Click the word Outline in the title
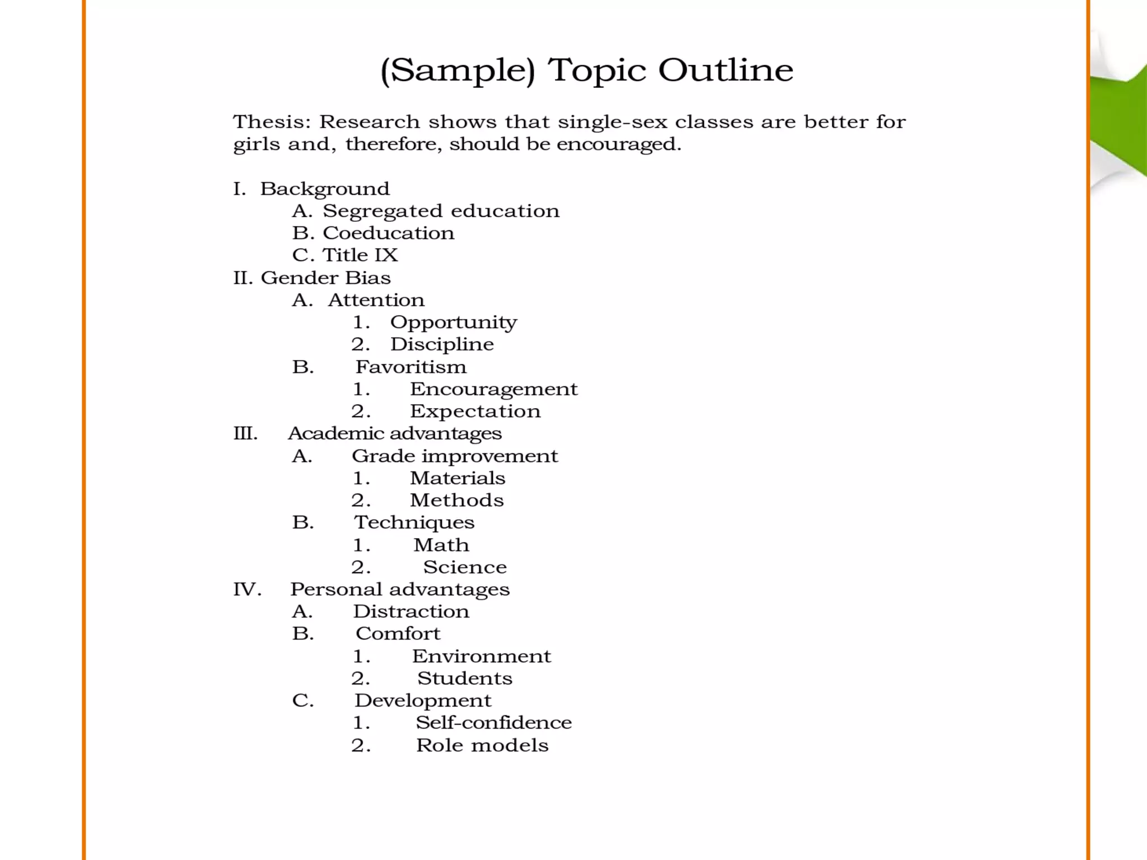tap(725, 70)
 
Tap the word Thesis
tap(272, 122)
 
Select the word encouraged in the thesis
tap(618, 144)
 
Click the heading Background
tap(324, 189)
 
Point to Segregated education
tap(441, 211)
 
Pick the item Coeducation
tap(388, 233)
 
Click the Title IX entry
tap(360, 255)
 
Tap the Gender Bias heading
tap(325, 278)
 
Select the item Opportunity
tap(453, 322)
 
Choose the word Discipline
tap(442, 344)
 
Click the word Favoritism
tap(411, 367)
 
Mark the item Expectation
tap(475, 412)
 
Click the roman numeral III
tap(245, 433)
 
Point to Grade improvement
tap(455, 456)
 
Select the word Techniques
tap(414, 522)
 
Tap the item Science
tap(465, 567)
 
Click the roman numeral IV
tap(247, 589)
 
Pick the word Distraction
tap(411, 611)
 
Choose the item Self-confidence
tap(493, 723)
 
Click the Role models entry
tap(482, 745)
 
